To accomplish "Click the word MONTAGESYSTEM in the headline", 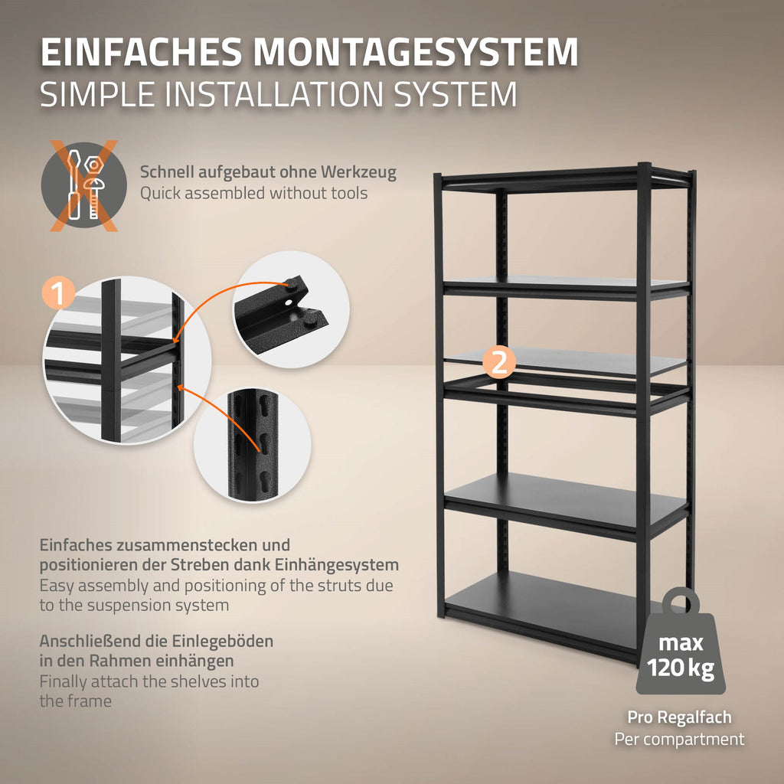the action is [416, 51].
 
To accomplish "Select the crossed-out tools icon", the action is [84, 185].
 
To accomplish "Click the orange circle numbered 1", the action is [59, 293].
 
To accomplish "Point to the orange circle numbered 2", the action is [499, 362].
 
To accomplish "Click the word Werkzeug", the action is [358, 172].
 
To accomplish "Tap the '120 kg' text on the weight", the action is [681, 668].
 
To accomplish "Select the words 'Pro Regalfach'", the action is [680, 717].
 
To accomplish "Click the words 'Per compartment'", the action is [680, 739].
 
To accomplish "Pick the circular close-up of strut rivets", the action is [291, 309].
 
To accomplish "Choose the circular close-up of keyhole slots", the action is [252, 445].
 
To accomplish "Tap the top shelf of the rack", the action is [565, 178].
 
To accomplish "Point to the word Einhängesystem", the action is [337, 565].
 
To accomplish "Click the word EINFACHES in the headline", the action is [141, 51].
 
